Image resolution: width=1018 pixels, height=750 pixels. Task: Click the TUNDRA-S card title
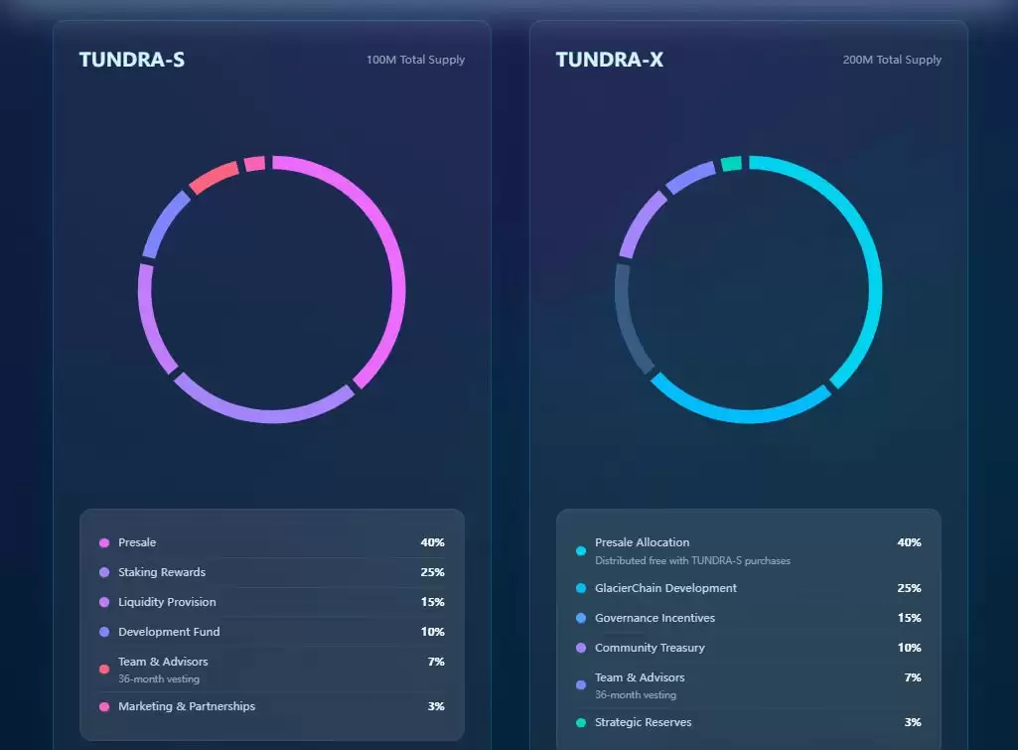point(131,60)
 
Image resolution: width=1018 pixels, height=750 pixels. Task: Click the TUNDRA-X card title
point(609,60)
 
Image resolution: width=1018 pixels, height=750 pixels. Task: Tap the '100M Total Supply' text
point(415,60)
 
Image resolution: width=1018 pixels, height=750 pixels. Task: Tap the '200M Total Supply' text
point(892,60)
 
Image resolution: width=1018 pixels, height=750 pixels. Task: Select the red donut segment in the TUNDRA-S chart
point(214,177)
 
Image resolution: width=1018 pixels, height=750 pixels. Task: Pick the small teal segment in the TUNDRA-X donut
point(731,164)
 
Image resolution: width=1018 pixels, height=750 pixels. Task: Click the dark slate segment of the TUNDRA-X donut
point(630,316)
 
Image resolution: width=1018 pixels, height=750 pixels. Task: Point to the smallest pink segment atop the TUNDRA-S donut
point(255,164)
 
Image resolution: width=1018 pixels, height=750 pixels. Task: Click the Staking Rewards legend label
point(162,572)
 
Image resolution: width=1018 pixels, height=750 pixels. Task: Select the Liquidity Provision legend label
point(167,602)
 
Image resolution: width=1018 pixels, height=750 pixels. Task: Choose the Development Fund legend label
point(169,632)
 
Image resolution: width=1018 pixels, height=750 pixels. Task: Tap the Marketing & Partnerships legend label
point(187,706)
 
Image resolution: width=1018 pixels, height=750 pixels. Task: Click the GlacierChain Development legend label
point(665,588)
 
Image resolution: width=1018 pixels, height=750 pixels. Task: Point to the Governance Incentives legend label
point(654,618)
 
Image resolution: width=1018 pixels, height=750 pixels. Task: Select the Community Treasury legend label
point(650,648)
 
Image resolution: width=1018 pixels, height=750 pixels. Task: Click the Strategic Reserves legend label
point(643,722)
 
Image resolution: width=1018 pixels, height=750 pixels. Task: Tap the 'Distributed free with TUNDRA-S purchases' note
point(692,561)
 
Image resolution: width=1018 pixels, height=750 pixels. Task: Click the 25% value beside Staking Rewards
point(432,572)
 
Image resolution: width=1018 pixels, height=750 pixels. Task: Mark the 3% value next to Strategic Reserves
point(912,722)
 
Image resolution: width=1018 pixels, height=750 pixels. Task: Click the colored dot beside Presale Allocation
point(581,550)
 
